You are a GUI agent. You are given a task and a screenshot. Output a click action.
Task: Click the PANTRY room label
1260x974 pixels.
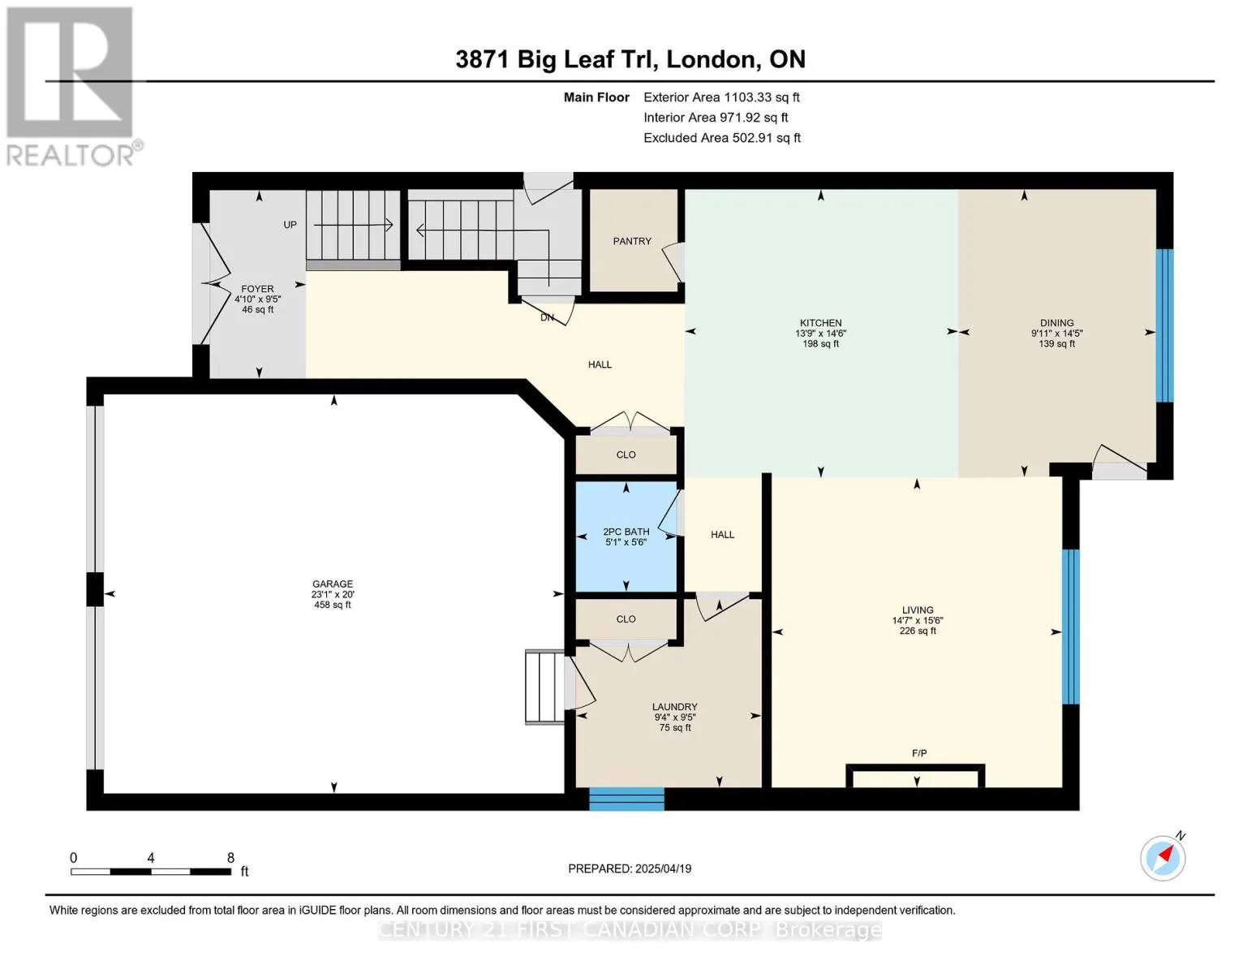click(x=632, y=241)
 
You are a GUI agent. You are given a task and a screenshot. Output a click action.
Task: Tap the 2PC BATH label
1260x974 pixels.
click(x=626, y=532)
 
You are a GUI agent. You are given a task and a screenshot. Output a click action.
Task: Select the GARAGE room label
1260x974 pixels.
click(x=333, y=584)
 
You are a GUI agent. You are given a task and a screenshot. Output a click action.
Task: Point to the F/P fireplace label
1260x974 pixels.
click(x=919, y=753)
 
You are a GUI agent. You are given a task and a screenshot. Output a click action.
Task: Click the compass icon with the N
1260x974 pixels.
click(x=1163, y=857)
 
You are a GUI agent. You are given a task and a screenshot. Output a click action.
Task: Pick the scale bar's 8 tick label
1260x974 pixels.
click(x=230, y=857)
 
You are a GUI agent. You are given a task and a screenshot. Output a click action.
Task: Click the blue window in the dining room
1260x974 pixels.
click(x=1165, y=325)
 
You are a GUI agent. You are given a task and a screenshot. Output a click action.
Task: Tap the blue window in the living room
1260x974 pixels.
click(x=1071, y=627)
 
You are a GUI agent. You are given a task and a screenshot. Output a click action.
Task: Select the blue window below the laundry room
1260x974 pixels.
click(x=627, y=798)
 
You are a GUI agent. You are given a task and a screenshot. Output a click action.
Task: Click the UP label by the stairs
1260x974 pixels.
click(x=290, y=225)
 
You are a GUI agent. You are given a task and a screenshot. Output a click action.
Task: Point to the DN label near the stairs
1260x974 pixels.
click(x=547, y=318)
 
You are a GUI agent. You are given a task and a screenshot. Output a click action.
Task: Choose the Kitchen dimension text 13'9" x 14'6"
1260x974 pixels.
click(x=820, y=334)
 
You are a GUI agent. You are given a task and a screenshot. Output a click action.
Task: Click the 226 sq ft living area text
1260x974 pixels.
click(x=918, y=631)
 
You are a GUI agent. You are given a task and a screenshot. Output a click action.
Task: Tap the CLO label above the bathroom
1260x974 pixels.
click(x=626, y=455)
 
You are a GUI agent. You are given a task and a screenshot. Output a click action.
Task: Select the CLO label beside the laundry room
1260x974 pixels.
click(x=626, y=619)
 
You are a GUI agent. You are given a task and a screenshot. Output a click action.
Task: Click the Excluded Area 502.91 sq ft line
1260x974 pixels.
click(x=722, y=138)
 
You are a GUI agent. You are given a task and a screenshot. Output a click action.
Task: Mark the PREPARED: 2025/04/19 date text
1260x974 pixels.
click(x=630, y=868)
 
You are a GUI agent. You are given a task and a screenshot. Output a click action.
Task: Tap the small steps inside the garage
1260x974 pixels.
click(x=544, y=687)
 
